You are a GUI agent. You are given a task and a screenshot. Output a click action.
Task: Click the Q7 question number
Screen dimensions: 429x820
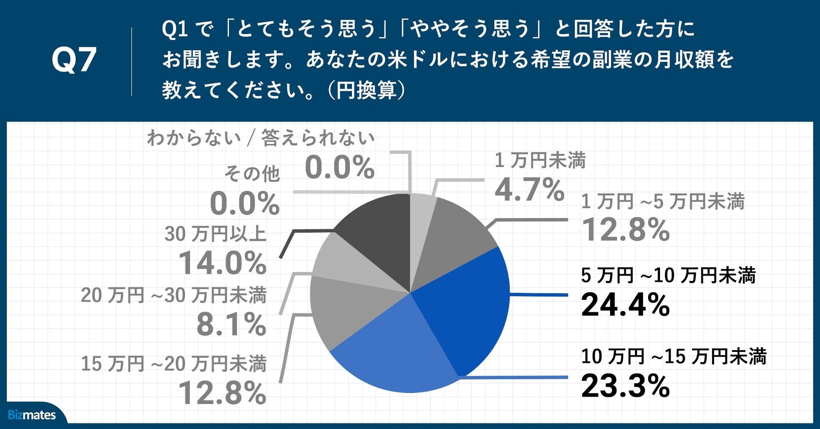click(74, 60)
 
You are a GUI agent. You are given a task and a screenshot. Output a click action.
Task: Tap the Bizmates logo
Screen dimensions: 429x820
click(32, 415)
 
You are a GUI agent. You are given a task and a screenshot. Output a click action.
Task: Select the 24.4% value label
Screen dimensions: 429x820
click(625, 305)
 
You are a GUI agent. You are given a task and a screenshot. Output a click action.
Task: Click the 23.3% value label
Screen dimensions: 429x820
click(625, 386)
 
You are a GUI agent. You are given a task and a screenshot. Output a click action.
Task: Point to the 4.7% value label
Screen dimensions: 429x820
click(529, 190)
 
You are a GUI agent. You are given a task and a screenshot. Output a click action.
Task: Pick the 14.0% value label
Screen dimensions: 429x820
click(222, 263)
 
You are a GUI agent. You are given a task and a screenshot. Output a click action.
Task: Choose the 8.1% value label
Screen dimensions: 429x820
click(231, 324)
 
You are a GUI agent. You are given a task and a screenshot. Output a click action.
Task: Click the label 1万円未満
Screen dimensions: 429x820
click(540, 160)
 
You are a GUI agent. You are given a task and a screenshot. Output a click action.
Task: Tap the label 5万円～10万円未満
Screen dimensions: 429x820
click(668, 275)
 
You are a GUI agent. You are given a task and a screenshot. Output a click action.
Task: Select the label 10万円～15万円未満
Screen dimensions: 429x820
click(674, 356)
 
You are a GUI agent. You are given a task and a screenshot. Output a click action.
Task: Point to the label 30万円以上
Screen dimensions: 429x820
click(215, 234)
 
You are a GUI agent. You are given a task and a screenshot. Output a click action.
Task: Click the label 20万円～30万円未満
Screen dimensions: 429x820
click(174, 295)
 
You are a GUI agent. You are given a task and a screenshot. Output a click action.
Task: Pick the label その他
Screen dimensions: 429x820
click(251, 174)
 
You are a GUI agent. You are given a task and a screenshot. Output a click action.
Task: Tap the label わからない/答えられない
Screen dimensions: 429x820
click(261, 138)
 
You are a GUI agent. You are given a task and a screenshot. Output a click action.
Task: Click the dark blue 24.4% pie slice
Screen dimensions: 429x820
click(468, 303)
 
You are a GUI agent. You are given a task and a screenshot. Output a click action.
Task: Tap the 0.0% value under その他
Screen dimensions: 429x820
click(244, 204)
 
